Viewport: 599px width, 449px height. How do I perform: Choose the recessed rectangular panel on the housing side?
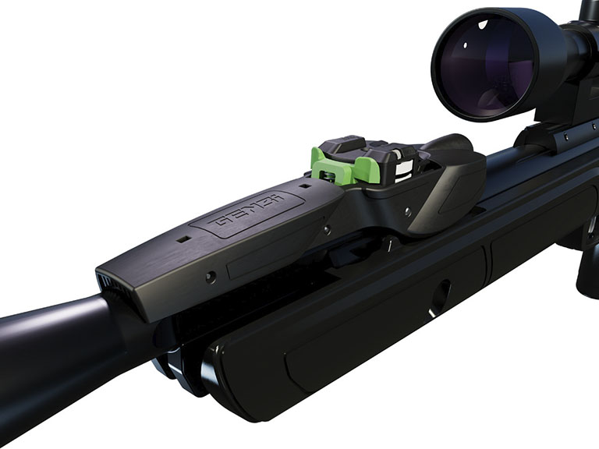tap(265, 257)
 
